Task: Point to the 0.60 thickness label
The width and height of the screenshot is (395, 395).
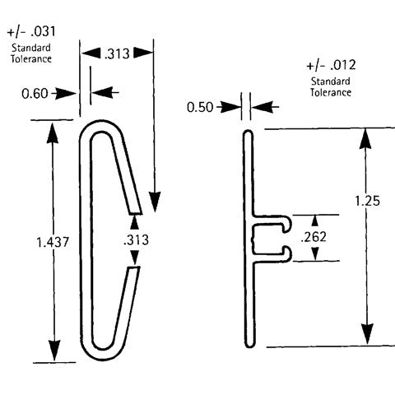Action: click(34, 93)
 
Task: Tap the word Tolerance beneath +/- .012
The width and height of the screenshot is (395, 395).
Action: click(331, 92)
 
